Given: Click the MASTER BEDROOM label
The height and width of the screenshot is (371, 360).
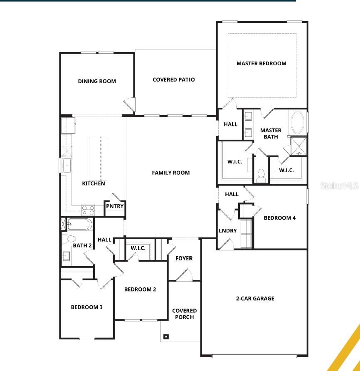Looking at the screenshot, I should point(261,64).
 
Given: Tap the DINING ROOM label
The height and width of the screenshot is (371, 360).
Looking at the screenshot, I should point(97,82).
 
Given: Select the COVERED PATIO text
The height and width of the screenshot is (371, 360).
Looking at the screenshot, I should point(173,79).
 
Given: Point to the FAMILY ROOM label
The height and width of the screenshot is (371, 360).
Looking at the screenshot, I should point(170,173).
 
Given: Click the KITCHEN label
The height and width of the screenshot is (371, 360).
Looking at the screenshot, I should point(94,183).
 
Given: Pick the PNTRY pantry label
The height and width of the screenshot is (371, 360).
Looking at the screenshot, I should point(115,206).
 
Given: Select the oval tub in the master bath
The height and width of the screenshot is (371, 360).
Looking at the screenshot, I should point(297,122).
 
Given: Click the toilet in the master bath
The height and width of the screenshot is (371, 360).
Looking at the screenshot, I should point(261,176).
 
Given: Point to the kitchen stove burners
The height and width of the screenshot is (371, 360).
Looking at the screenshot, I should point(88,209).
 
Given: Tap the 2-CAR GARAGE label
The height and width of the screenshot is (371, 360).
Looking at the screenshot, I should point(255,298).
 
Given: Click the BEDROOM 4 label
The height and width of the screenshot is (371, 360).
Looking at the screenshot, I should point(280,218).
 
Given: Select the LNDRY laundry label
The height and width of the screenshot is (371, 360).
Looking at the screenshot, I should point(228,231).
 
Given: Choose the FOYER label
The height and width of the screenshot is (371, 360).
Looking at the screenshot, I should point(184,258).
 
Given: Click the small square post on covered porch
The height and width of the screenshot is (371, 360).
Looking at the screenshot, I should point(166,336).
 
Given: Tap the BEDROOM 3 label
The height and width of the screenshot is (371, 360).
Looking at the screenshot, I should point(86,307).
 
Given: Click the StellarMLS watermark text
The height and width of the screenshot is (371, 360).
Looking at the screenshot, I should point(339,185).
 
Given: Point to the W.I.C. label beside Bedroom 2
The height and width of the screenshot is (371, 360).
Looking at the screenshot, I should point(138,248).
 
